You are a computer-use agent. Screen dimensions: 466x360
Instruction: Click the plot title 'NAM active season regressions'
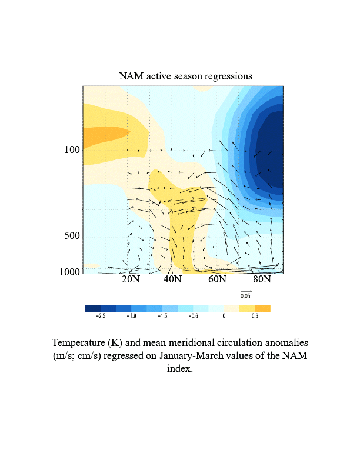(185, 76)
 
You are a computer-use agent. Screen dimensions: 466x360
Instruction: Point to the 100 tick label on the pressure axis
(72, 150)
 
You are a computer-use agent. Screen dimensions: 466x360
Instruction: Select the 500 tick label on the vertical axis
(72, 236)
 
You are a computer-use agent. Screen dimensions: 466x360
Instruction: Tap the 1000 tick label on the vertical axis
(70, 272)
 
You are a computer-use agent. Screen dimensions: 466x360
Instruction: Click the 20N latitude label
(131, 279)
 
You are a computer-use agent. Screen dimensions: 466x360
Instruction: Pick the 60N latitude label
(218, 279)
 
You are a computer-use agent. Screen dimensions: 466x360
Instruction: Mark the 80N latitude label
(262, 279)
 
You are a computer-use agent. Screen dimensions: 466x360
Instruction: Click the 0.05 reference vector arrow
(246, 291)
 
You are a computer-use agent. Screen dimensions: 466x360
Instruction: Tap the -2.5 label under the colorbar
(101, 317)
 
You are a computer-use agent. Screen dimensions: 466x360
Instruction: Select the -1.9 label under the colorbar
(131, 317)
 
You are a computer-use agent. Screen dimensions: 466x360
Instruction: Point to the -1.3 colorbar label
(162, 317)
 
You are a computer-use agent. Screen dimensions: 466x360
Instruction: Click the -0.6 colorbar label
(192, 317)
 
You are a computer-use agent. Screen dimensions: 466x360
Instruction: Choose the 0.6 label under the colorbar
(255, 317)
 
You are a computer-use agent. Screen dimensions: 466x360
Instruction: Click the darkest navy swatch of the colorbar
(93, 308)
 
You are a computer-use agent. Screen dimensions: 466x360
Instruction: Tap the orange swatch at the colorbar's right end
(262, 308)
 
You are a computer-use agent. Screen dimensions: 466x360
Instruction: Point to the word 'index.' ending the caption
(179, 370)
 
